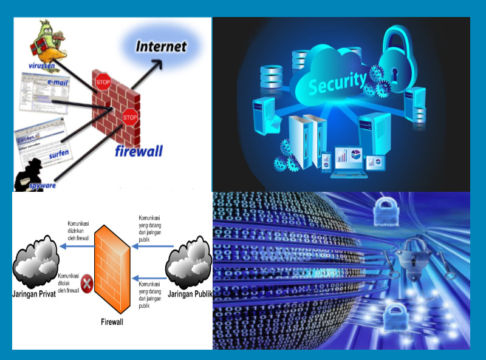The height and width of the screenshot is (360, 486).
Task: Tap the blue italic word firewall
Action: pyautogui.click(x=139, y=151)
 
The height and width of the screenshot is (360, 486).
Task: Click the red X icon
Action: pyautogui.click(x=87, y=282)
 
